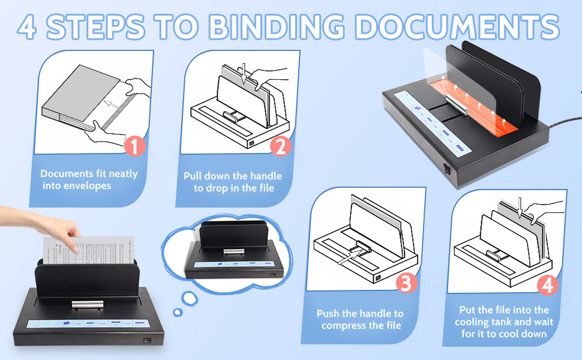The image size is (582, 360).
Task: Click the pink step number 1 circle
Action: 135,146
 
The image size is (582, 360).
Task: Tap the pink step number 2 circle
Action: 281,146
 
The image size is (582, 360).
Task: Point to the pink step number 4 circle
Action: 547,285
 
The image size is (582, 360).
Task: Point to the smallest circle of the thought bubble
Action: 177,312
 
